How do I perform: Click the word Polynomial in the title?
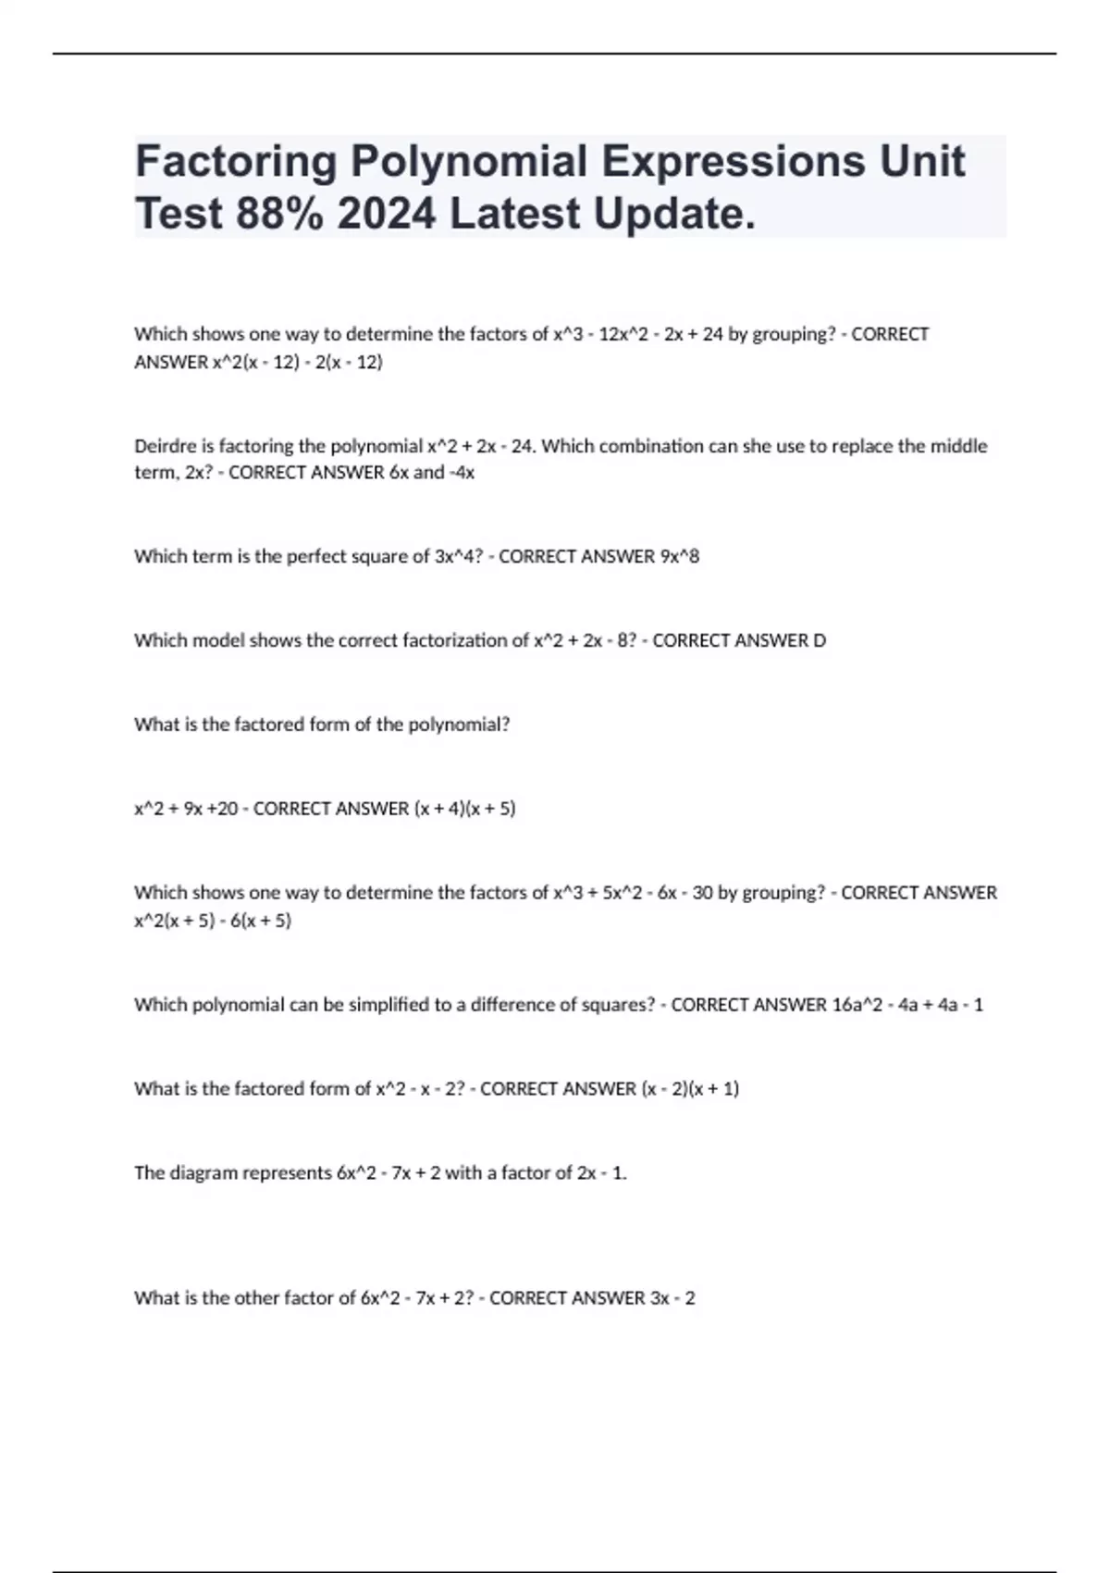click(468, 161)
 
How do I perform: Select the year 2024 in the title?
click(386, 214)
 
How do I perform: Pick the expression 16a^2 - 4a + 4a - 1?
click(907, 1005)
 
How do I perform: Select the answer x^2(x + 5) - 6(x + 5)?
click(213, 921)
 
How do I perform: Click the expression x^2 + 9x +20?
click(186, 809)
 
